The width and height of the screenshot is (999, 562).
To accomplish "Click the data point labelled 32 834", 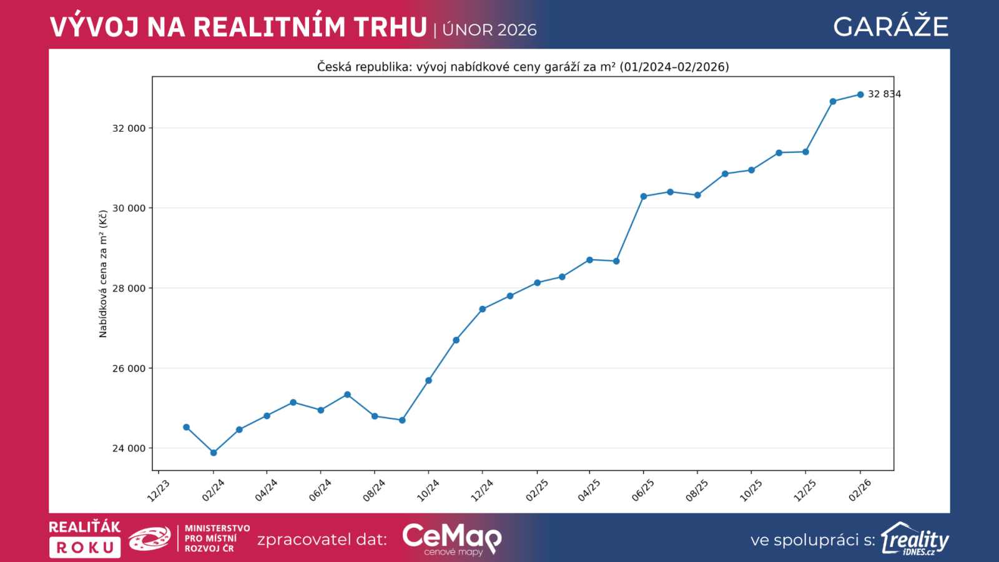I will point(860,95).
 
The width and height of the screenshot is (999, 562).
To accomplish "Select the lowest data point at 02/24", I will point(214,453).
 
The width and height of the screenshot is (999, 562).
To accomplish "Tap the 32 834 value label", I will point(884,94).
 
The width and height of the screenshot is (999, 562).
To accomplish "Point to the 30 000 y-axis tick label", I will point(129,209).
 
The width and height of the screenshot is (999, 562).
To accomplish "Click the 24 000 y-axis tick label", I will point(129,448).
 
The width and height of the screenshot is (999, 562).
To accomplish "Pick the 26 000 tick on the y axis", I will point(129,368).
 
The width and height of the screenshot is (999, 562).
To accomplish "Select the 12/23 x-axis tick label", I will point(159,490).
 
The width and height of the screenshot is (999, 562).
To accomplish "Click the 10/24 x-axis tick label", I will point(428,490).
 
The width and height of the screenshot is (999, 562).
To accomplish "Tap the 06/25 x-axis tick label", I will point(643,490).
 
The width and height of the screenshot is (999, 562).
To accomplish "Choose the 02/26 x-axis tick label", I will point(860,490).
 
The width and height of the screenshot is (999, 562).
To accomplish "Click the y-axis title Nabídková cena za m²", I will point(103,274).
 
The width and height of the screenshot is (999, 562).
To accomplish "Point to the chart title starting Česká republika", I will point(523,67).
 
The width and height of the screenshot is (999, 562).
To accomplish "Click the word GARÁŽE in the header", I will point(890,27).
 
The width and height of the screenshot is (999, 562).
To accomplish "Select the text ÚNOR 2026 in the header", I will point(490,30).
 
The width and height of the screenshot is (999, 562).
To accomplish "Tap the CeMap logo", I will point(451,538).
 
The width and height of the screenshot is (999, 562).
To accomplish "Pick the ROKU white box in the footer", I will point(85,548).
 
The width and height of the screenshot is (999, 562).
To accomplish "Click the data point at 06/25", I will point(644,196).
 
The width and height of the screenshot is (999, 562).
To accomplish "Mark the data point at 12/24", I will point(483,309).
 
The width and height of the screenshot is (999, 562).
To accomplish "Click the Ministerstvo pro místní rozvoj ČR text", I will point(217,538).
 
